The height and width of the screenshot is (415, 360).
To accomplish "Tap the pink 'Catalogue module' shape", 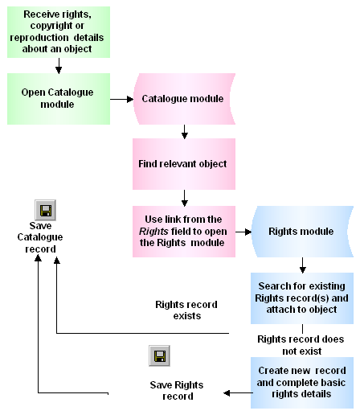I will pos(183,99).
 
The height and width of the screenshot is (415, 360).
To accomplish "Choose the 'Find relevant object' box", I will pos(184,163).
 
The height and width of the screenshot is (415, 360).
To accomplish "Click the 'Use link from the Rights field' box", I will pos(184,232).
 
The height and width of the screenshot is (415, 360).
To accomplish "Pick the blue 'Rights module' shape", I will pos(301,232).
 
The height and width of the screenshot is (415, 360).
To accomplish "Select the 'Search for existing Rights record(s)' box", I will pos(301,298).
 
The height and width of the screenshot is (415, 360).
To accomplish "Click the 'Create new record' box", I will pos(301,382).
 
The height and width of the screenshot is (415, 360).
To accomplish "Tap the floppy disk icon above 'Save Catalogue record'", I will pos(45,212).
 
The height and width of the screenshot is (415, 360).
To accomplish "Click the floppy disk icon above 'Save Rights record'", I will pos(160,357).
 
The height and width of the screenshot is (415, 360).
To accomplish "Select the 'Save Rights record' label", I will pos(171,390).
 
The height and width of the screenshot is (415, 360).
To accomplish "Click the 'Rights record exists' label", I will pos(186,310).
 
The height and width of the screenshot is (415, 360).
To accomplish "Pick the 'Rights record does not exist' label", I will pos(300,345).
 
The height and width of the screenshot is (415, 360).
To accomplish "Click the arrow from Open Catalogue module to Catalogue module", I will pos(121,100).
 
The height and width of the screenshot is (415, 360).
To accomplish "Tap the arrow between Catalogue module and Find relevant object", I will pos(184,129).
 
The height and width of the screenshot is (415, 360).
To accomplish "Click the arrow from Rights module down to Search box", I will pos(302,265).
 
